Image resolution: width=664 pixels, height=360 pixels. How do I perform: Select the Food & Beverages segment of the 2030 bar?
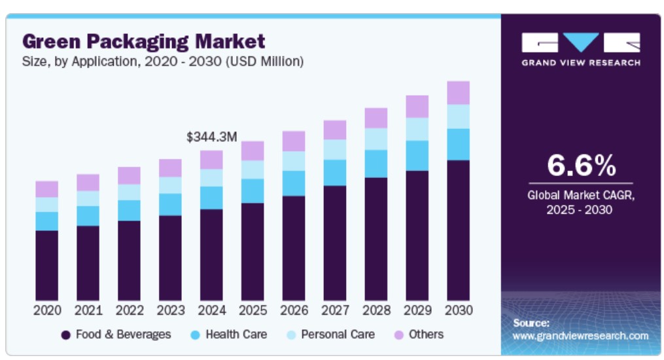pyautogui.click(x=458, y=230)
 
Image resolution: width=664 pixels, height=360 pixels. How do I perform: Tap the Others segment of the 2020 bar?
pyautogui.click(x=47, y=189)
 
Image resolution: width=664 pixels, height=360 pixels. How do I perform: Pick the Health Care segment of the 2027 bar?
pyautogui.click(x=335, y=173)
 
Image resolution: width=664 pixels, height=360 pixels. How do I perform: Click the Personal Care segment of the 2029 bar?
pyautogui.click(x=417, y=129)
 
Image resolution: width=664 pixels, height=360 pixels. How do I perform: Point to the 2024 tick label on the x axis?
pyautogui.click(x=212, y=310)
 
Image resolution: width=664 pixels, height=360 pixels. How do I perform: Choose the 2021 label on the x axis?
pyautogui.click(x=88, y=310)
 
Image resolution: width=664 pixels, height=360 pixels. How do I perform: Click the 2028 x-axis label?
pyautogui.click(x=376, y=310)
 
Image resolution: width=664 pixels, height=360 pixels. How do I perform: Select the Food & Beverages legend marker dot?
pyautogui.click(x=65, y=335)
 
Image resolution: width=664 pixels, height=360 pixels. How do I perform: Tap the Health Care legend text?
pyautogui.click(x=236, y=334)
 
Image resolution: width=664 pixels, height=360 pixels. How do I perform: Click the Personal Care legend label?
pyautogui.click(x=338, y=334)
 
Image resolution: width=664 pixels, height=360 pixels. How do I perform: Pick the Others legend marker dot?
pyautogui.click(x=398, y=335)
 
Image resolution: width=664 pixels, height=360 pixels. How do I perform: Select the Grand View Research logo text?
pyautogui.click(x=581, y=63)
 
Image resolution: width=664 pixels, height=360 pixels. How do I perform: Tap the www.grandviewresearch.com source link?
pyautogui.click(x=580, y=336)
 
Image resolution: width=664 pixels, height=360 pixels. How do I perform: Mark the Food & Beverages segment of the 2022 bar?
pyautogui.click(x=130, y=260)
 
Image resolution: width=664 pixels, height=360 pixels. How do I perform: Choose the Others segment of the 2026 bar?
pyautogui.click(x=294, y=141)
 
